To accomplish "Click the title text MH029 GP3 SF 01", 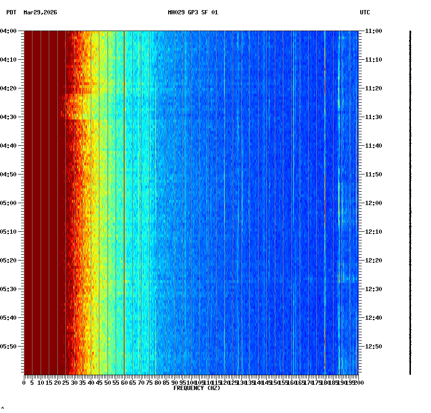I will [x=193, y=12].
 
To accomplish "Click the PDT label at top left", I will [x=11, y=12].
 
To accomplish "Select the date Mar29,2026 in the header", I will [x=40, y=12].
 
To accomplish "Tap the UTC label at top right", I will [x=365, y=12].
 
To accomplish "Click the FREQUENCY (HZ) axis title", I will [x=197, y=388].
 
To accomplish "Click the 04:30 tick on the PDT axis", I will [x=9, y=117].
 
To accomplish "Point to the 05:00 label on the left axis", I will [x=9, y=203].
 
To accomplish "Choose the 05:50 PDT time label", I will [x=9, y=347].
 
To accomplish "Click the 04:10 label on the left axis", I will [x=9, y=60].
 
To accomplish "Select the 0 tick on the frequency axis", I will [x=24, y=382].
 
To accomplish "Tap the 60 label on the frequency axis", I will [x=124, y=382].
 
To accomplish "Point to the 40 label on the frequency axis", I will [x=91, y=382].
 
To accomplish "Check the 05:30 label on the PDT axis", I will [x=9, y=289].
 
